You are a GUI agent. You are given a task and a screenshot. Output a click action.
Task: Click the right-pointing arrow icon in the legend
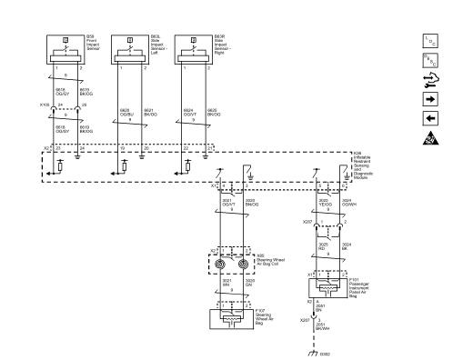coord(428,97)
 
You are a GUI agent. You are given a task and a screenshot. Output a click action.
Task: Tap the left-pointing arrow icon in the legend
coord(428,117)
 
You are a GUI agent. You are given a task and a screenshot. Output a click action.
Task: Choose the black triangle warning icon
coord(428,139)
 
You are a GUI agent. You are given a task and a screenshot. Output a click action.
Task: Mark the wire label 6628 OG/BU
coord(124,114)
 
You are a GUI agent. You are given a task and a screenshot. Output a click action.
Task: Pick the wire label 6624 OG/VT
coord(187,114)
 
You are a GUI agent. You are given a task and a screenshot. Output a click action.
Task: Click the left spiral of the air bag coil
coord(224,266)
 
